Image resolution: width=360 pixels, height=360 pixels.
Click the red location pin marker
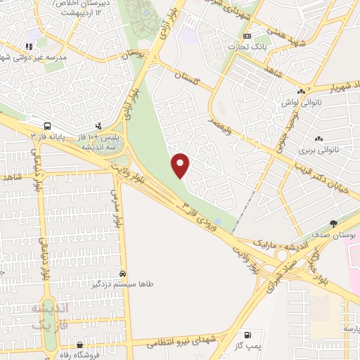pyautogui.click(x=181, y=166)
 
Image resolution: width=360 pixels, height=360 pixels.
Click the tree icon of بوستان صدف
pyautogui.click(x=333, y=223)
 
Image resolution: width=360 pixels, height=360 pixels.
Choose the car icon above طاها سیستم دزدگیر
pyautogui.click(x=122, y=274)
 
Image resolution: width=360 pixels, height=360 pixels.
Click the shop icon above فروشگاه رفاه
pyautogui.click(x=80, y=345)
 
